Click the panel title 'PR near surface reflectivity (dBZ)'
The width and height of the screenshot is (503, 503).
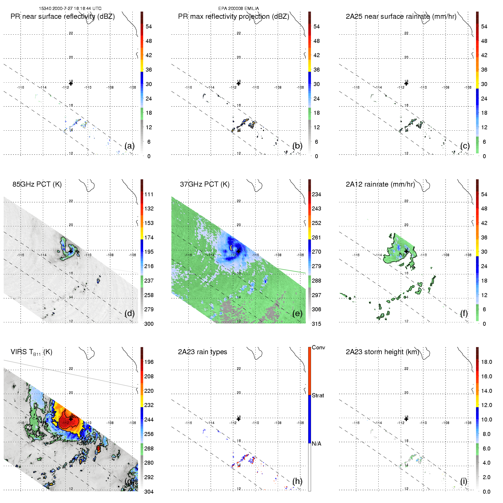pos(62,16)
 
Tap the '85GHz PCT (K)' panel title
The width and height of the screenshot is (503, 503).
pos(37,184)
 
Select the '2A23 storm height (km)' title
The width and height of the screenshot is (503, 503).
pos(382,352)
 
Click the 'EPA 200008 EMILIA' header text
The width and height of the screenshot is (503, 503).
pos(239,9)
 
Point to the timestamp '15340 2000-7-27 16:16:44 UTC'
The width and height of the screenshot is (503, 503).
pos(70,9)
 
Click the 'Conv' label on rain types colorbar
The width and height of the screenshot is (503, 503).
pos(318,347)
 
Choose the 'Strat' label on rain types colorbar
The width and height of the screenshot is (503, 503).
pos(318,395)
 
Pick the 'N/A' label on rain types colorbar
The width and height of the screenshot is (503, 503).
pos(316,444)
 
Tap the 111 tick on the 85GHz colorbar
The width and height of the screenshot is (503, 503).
pos(149,194)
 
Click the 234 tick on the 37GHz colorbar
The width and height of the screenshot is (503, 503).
pos(316,194)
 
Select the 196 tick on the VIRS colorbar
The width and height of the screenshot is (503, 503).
pos(149,362)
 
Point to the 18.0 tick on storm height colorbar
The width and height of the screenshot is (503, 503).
pos(487,362)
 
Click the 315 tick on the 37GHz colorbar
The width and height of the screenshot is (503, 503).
pos(316,324)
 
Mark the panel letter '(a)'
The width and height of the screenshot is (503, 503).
pos(130,146)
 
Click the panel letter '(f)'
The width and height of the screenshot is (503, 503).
pos(464,313)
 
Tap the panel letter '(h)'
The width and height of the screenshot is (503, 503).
pos(297,481)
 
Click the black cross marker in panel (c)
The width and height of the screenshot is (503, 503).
pos(406,83)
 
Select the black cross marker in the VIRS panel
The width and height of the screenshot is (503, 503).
pos(71,419)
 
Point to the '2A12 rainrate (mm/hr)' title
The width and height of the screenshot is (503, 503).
pos(380,184)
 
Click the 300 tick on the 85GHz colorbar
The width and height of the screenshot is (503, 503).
pos(149,324)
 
